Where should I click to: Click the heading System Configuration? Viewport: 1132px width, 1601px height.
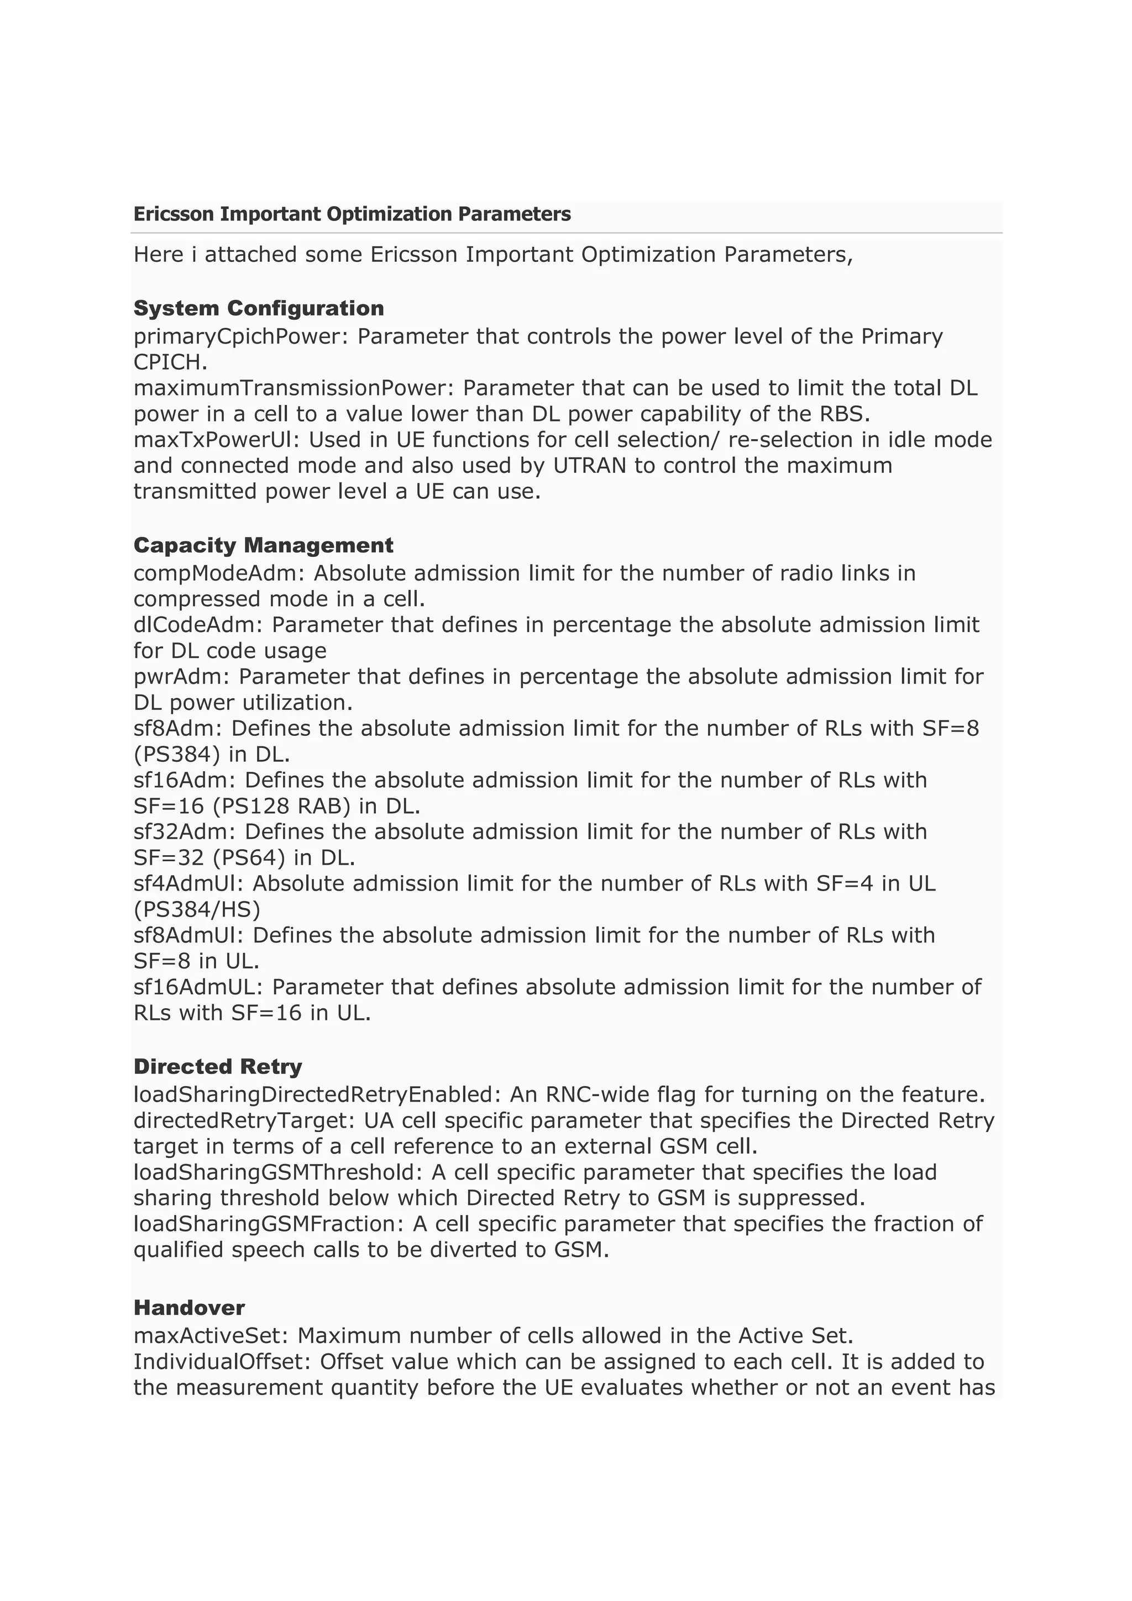point(258,308)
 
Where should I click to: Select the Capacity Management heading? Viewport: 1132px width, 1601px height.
point(263,545)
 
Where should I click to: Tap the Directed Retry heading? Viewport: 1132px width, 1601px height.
point(218,1066)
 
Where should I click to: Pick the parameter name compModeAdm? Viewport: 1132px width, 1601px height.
point(219,573)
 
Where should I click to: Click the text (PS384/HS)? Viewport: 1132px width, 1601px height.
point(197,909)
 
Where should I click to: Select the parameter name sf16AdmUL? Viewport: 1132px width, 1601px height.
point(198,987)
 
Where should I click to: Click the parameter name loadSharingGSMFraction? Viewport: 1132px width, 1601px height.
point(268,1224)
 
